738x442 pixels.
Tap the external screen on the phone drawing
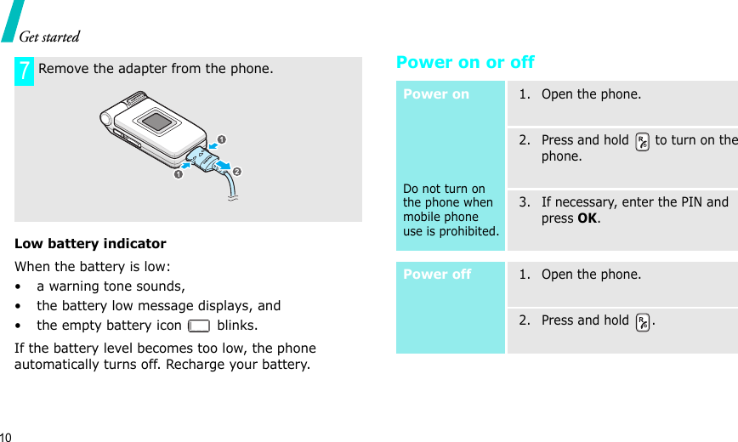tap(156, 120)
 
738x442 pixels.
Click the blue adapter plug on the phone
tap(205, 157)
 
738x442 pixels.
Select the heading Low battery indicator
tap(90, 244)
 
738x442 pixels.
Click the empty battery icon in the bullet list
tap(200, 326)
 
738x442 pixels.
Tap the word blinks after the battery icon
tap(237, 326)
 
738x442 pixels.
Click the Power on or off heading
tap(465, 62)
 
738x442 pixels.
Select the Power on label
tap(436, 94)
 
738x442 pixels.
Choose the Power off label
tap(437, 275)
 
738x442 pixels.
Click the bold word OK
tap(588, 218)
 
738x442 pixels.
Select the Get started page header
tap(49, 37)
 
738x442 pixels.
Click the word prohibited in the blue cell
tap(468, 231)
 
